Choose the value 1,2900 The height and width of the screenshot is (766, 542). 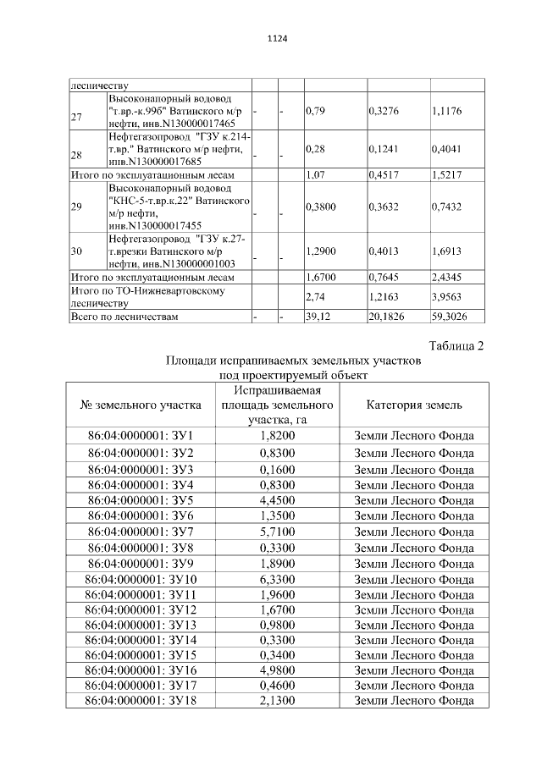[x=319, y=251]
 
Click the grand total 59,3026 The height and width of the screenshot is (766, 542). [x=451, y=316]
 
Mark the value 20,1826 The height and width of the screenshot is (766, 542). [x=387, y=316]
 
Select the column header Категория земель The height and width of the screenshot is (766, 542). [x=414, y=405]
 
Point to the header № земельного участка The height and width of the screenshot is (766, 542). [x=141, y=405]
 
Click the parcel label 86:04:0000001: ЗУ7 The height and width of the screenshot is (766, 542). [x=141, y=532]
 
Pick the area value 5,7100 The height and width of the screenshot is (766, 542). [x=277, y=532]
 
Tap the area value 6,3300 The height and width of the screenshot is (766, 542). [x=277, y=579]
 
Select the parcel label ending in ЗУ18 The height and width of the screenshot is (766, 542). [x=141, y=701]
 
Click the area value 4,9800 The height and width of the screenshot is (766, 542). [x=277, y=670]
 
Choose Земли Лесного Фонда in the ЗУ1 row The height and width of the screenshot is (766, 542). [x=414, y=436]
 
